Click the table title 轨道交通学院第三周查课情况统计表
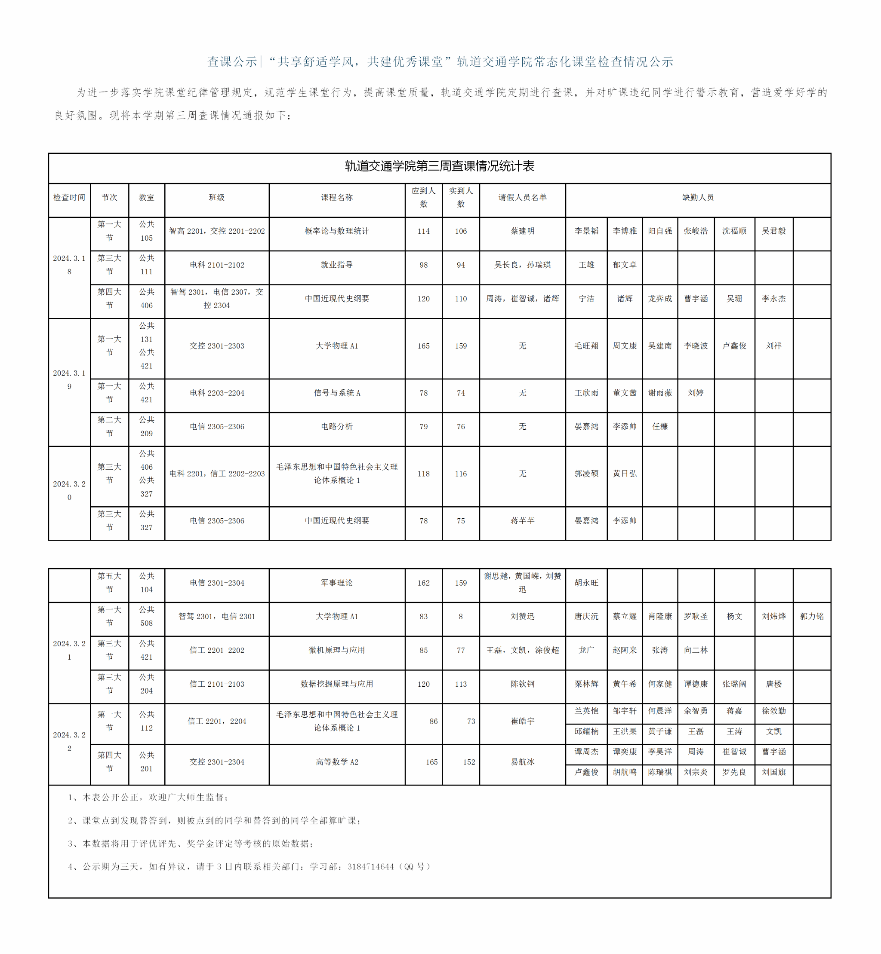[439, 166]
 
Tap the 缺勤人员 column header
[697, 197]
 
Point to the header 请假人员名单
[522, 197]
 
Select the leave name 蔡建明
[522, 231]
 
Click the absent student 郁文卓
[625, 265]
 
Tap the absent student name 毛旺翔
[586, 346]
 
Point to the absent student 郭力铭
[811, 616]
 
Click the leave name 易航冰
[522, 762]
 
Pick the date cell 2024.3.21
[69, 650]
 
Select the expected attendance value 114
[423, 231]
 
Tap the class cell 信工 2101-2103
[216, 684]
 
